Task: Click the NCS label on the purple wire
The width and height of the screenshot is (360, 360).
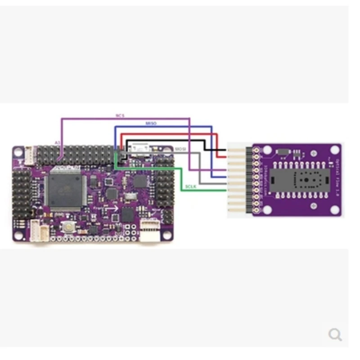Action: (x=120, y=116)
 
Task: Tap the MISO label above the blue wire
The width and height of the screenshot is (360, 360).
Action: (x=151, y=123)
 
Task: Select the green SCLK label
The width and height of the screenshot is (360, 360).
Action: (x=190, y=186)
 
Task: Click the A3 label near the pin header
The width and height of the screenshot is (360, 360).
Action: (x=57, y=142)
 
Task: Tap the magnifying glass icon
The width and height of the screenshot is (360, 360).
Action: (x=335, y=334)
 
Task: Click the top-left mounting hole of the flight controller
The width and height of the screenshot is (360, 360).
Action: (x=18, y=152)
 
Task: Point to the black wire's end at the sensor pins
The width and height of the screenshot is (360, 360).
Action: (x=225, y=150)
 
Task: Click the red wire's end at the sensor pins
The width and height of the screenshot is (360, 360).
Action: (x=225, y=157)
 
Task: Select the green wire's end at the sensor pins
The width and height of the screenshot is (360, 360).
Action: (x=225, y=190)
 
